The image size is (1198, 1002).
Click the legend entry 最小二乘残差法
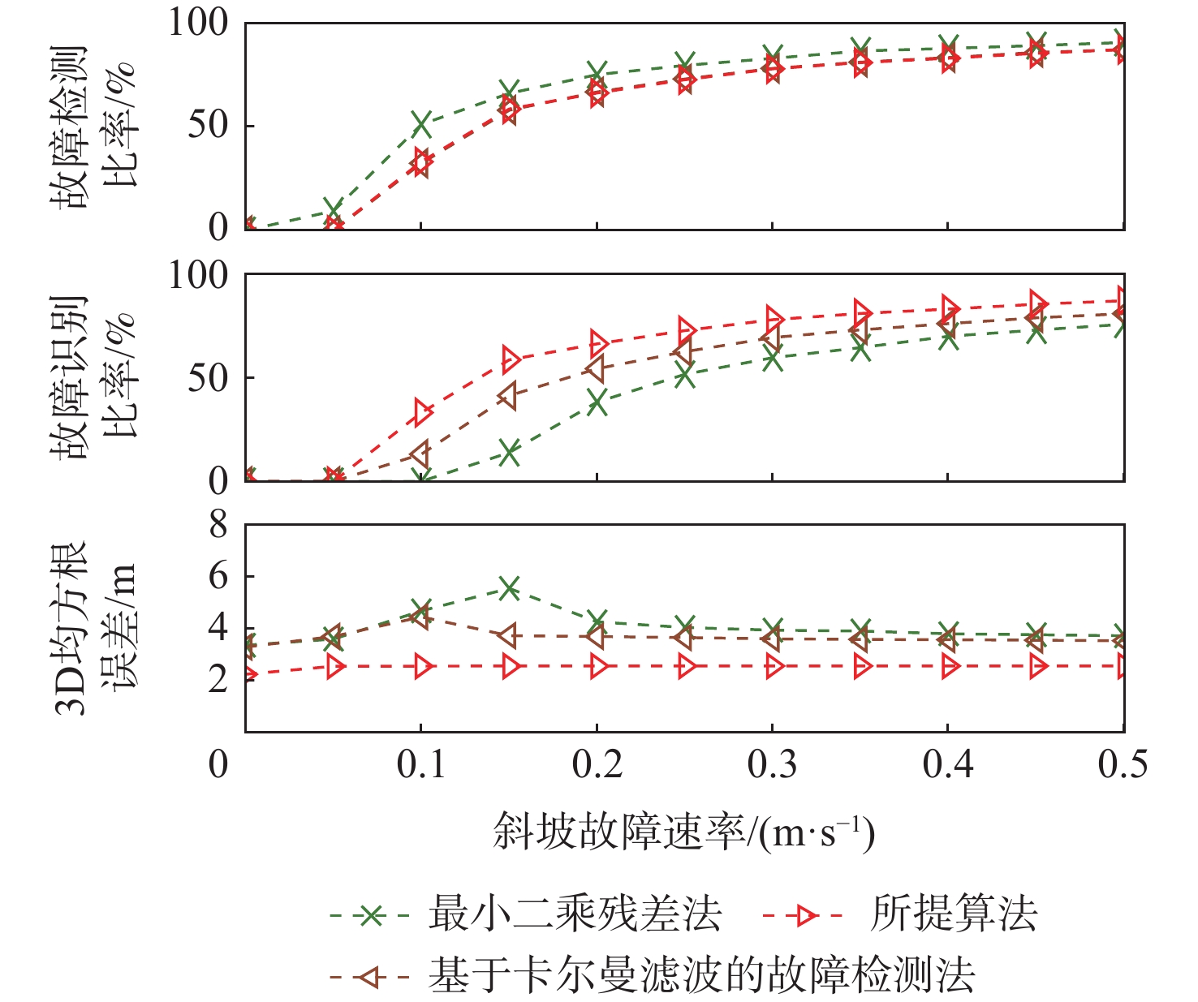click(575, 915)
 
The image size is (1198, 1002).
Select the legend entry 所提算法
click(954, 915)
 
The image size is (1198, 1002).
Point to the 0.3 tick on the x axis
click(772, 765)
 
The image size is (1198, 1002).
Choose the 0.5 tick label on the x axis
click(1123, 765)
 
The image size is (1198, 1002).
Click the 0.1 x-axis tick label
click(421, 765)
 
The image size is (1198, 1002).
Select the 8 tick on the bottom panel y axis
click(218, 526)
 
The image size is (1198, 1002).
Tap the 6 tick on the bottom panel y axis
click(218, 577)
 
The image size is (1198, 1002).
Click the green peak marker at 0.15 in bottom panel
click(509, 587)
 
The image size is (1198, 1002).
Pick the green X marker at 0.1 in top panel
click(421, 123)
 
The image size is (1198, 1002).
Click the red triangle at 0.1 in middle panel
click(423, 412)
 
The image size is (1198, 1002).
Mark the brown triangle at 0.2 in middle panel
click(596, 369)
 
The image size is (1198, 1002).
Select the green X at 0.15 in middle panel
click(509, 453)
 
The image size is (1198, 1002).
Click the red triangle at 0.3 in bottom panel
click(774, 667)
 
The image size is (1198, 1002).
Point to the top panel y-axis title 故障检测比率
click(96, 126)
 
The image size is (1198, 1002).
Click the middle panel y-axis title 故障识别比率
click(96, 377)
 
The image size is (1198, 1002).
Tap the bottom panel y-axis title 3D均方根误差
click(96, 627)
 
